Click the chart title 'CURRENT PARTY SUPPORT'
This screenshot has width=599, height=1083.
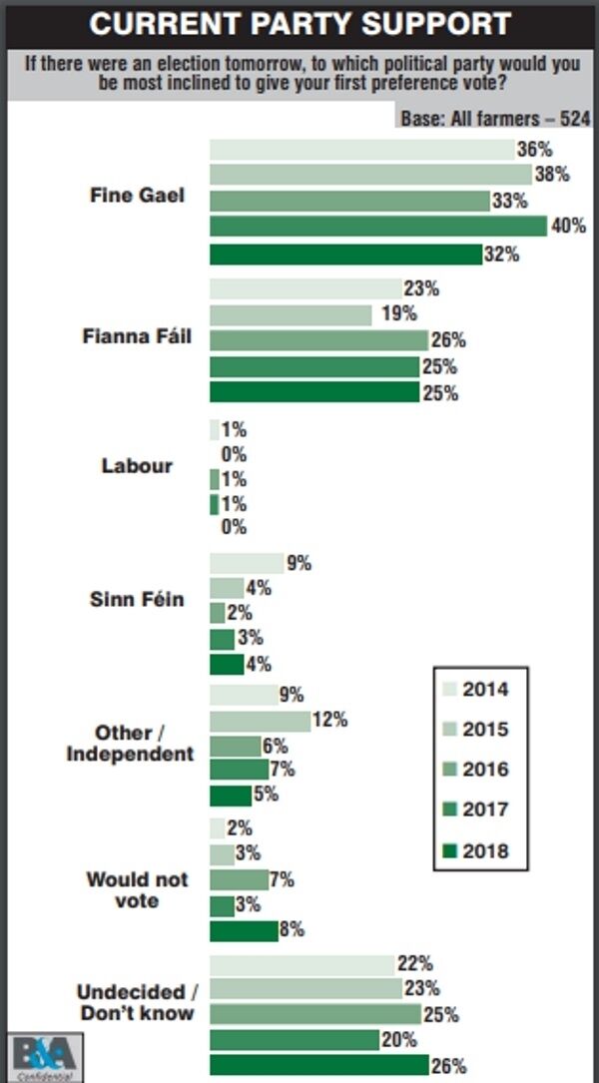(299, 24)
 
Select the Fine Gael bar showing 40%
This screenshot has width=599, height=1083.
(377, 226)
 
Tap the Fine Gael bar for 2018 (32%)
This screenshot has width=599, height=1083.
(345, 254)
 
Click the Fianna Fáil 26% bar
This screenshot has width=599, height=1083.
(318, 340)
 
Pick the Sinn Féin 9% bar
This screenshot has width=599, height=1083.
(247, 563)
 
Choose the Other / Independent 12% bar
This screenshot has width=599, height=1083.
(260, 720)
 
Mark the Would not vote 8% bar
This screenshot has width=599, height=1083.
(243, 930)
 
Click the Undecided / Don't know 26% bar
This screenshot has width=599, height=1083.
(318, 1065)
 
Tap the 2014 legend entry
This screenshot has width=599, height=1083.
(475, 689)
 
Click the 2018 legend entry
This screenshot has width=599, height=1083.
(475, 850)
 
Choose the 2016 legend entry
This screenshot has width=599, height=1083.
(475, 770)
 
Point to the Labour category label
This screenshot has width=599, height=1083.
(137, 466)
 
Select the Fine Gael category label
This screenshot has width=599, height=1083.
(138, 195)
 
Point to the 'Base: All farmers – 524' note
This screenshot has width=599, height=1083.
(494, 118)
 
